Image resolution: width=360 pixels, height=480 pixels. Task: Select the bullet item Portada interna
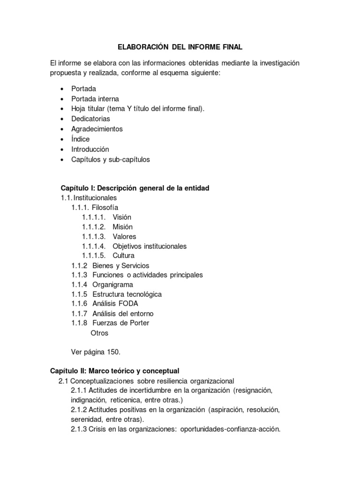[95, 99]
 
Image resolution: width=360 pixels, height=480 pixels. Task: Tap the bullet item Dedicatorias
[90, 119]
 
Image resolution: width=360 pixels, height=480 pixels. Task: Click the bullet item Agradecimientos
[97, 129]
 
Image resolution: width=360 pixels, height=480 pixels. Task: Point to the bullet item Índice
[80, 139]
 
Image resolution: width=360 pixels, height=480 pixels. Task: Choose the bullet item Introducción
[90, 149]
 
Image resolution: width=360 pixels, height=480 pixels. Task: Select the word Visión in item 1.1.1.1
[122, 217]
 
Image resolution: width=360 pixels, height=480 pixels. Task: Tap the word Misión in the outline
[122, 227]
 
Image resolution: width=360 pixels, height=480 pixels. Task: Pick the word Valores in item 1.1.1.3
[124, 237]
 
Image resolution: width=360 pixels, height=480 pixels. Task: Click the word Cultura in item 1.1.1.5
[123, 256]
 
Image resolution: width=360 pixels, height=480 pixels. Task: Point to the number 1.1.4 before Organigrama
[79, 285]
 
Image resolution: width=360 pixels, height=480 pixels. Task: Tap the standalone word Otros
[99, 333]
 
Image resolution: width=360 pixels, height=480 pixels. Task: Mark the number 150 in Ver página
[113, 352]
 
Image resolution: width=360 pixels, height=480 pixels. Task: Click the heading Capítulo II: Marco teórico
[115, 371]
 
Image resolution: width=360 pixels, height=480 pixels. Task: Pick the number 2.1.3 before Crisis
[79, 429]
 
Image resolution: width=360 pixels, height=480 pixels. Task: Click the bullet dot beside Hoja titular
[62, 109]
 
